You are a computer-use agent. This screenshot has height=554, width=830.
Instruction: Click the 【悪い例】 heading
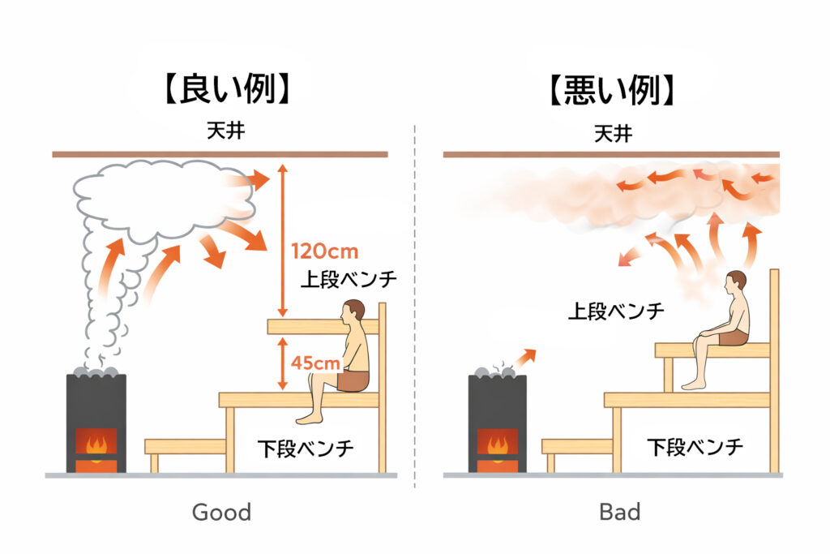(611, 90)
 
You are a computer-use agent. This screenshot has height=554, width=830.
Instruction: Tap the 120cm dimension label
(324, 251)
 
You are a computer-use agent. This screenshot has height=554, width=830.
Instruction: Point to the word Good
(221, 512)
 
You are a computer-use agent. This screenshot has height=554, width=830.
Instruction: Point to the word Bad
(619, 512)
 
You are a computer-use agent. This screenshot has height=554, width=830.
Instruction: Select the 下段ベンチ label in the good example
(306, 448)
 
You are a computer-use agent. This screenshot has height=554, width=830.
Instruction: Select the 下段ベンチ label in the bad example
(695, 446)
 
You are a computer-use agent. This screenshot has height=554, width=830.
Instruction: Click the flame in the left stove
(96, 444)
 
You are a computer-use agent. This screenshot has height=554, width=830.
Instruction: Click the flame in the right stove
(497, 444)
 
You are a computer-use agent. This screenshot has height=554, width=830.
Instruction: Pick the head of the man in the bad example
(736, 281)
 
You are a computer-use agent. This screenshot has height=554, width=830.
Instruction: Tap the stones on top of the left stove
(96, 371)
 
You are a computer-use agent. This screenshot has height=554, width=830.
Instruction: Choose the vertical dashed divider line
(415, 308)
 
